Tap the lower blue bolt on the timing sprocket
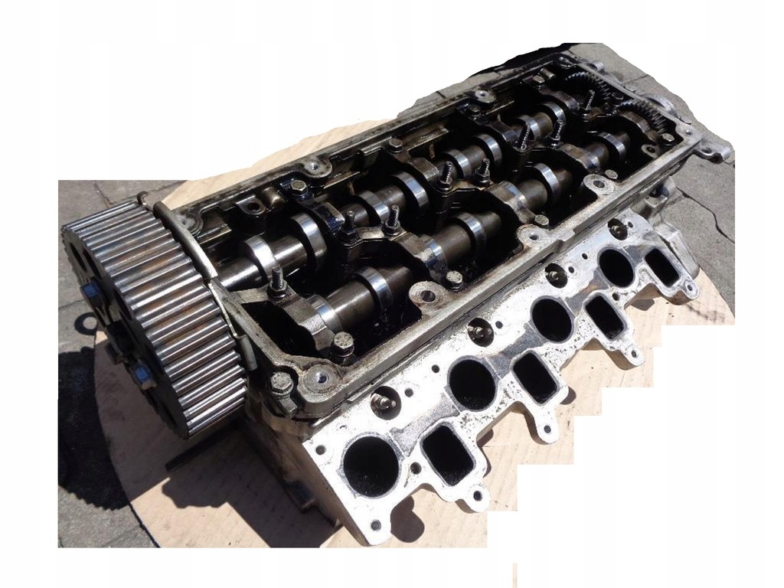tap(141, 374)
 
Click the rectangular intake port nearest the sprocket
tap(449, 455)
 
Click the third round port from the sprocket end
tap(552, 319)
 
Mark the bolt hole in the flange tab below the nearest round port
tap(375, 525)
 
